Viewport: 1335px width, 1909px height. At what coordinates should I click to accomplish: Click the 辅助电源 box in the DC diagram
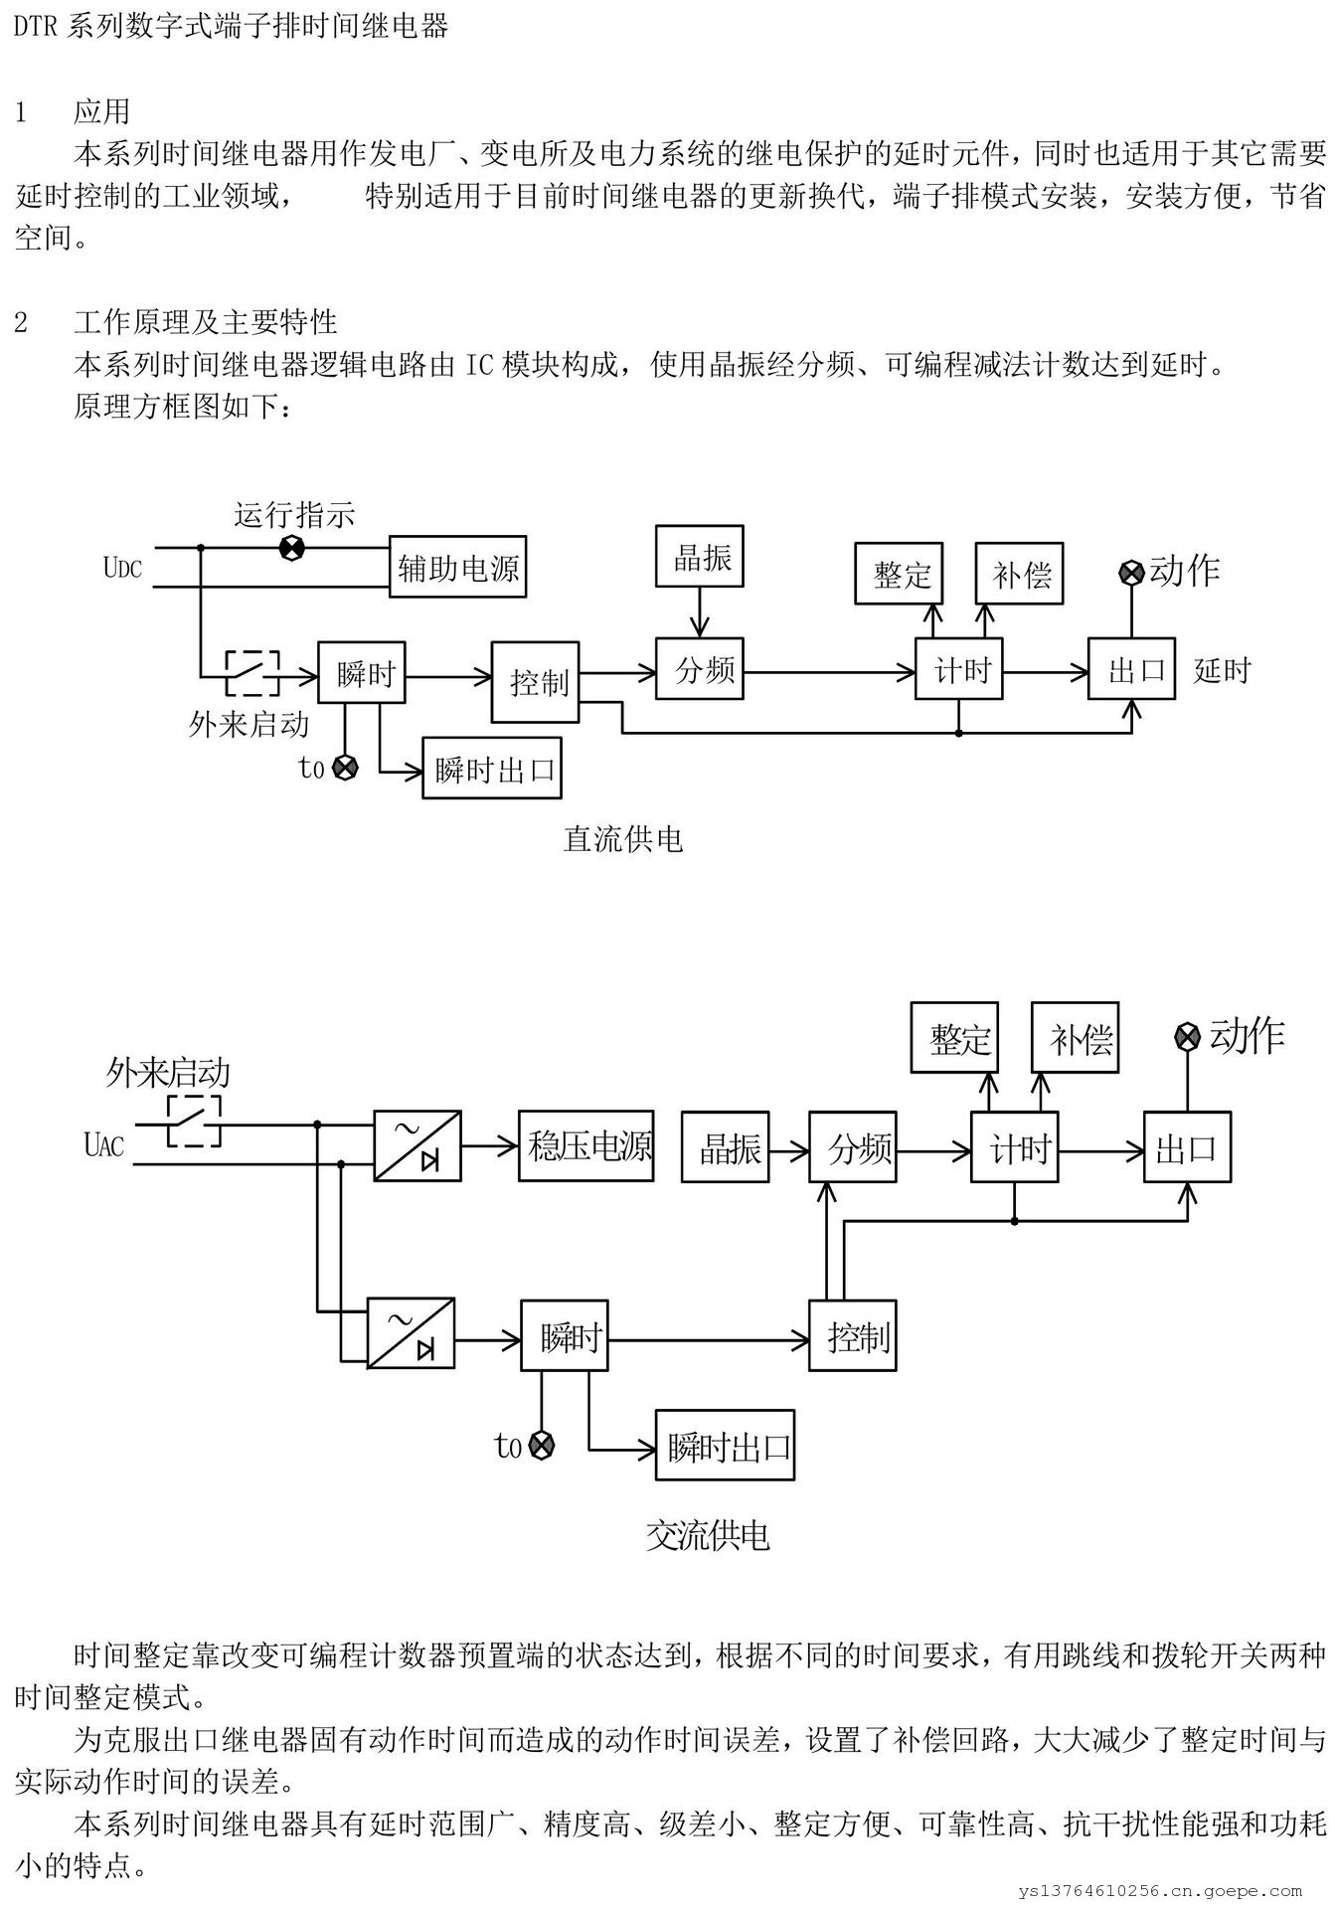(457, 567)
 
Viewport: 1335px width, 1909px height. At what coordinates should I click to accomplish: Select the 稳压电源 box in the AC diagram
(585, 1146)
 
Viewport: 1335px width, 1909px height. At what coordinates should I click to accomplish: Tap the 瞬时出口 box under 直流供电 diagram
(492, 769)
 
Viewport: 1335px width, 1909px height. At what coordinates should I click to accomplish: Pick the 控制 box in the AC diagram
(852, 1336)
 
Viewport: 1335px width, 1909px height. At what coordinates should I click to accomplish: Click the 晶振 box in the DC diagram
(700, 557)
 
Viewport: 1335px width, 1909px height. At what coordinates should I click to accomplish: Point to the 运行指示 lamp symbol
(291, 548)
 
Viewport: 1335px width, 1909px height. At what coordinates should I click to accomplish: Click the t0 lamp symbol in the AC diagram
(541, 1446)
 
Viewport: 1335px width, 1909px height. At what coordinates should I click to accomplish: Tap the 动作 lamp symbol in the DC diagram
(1131, 572)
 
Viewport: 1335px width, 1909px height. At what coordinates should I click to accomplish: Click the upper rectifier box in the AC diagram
(417, 1146)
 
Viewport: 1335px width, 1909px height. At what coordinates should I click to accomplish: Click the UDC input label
(122, 568)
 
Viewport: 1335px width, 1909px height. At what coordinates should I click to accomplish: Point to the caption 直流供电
(623, 839)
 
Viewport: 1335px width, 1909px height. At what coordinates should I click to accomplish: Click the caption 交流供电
(708, 1537)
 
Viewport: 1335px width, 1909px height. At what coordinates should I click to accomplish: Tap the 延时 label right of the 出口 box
(1222, 670)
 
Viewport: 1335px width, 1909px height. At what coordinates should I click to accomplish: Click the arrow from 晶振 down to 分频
(700, 611)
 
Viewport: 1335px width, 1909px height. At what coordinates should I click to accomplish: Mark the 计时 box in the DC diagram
(959, 670)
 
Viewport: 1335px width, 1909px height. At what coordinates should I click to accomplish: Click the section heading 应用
(101, 111)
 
